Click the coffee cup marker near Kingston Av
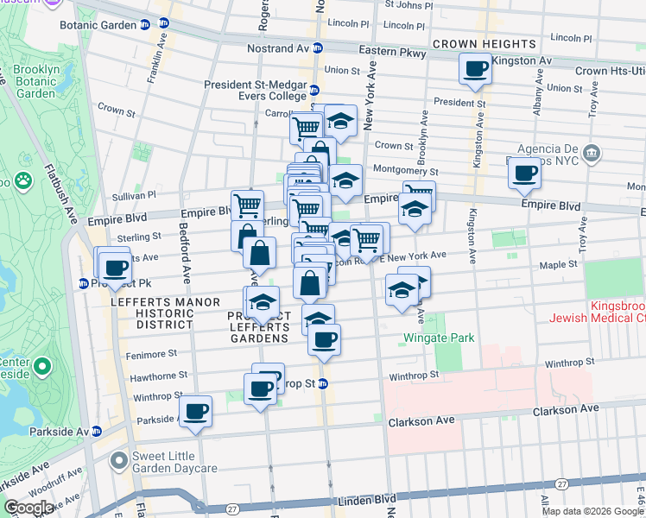475,69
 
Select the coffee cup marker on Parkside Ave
196,413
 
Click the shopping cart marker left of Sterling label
247,205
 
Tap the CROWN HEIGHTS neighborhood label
484,44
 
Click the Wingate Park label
440,338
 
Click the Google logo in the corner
28,508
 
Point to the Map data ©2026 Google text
593,511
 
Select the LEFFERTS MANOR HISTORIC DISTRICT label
152,313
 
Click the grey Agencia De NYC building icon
592,155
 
